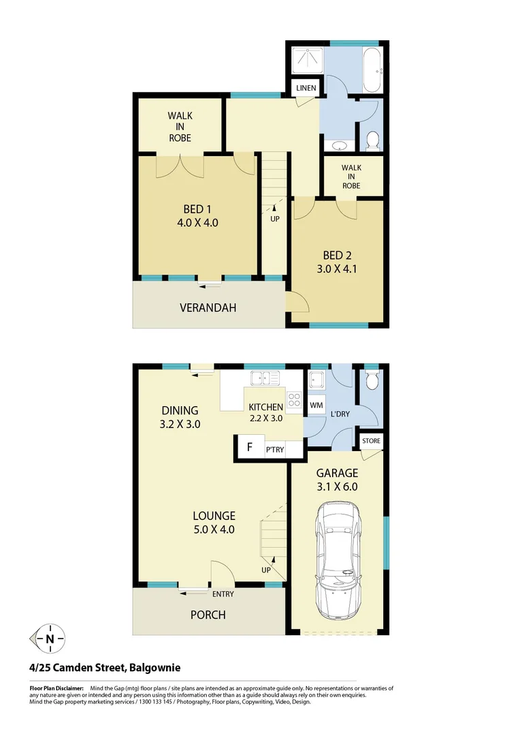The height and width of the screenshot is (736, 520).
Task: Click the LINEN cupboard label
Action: (x=306, y=89)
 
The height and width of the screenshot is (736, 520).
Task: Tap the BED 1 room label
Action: (x=199, y=209)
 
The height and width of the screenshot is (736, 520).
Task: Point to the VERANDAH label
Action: (x=208, y=307)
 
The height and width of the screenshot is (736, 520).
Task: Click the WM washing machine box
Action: (x=316, y=405)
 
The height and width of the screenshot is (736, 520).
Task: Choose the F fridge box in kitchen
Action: (x=250, y=448)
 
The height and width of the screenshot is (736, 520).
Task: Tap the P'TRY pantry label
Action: (x=274, y=450)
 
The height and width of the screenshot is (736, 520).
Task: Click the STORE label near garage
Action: (x=371, y=441)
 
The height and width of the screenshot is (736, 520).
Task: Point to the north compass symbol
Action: (x=50, y=639)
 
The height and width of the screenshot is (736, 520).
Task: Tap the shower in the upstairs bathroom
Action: (x=309, y=61)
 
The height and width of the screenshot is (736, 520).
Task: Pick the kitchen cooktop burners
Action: (x=294, y=401)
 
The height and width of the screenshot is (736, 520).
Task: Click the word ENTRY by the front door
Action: (x=223, y=594)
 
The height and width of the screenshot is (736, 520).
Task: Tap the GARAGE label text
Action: (x=337, y=473)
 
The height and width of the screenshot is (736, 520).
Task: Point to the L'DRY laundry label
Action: (x=340, y=414)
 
